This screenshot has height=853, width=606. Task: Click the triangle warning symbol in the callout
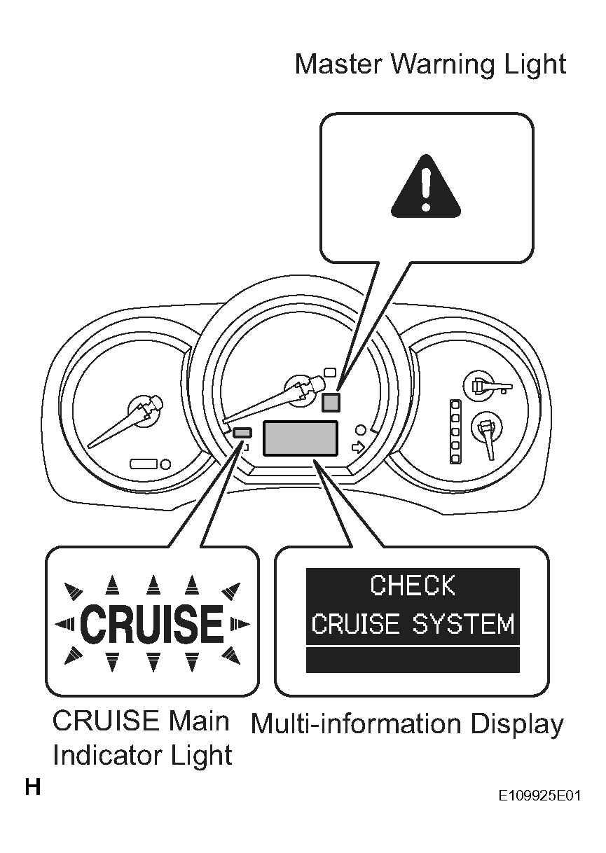click(x=426, y=188)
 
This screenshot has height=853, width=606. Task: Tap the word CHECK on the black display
click(x=413, y=585)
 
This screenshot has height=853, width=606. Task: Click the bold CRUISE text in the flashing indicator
click(x=152, y=624)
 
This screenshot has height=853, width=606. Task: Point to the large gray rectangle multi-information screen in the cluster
click(x=300, y=438)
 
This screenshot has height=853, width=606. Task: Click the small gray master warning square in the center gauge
click(x=331, y=403)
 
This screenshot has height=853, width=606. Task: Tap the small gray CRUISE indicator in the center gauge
click(x=242, y=433)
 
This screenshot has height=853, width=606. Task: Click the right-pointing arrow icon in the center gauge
click(x=359, y=447)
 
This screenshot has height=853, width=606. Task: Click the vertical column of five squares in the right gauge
click(x=455, y=431)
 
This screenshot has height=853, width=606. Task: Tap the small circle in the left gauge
click(x=166, y=464)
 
